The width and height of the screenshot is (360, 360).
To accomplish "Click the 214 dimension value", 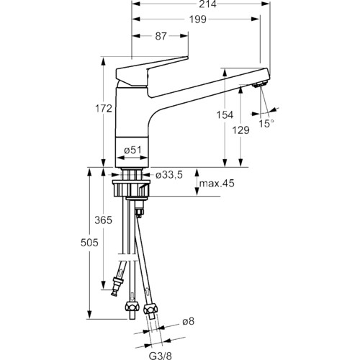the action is (207, 4).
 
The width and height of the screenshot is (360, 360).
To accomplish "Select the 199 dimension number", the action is (198, 19).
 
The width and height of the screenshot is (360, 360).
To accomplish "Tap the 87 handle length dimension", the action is (161, 36).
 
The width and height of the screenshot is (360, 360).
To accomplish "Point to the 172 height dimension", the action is (104, 109).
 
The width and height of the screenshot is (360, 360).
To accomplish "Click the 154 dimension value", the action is (225, 114).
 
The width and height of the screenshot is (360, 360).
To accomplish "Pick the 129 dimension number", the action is (240, 130).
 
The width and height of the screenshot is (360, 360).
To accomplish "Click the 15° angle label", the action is (266, 123).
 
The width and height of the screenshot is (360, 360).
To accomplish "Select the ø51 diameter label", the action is (132, 150).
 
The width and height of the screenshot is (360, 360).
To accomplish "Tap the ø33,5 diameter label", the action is (169, 175).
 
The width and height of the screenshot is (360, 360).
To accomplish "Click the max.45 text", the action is (217, 184).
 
